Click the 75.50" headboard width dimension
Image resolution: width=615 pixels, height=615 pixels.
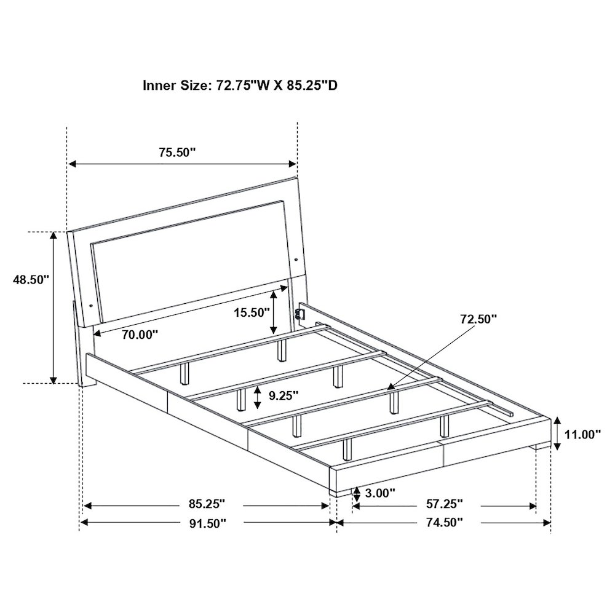click(x=177, y=152)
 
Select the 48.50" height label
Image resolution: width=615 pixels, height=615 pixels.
click(x=31, y=280)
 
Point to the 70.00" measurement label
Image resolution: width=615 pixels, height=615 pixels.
click(x=140, y=335)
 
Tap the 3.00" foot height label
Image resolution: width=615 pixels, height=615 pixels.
click(x=380, y=492)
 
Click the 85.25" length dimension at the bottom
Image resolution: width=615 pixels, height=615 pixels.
click(x=207, y=504)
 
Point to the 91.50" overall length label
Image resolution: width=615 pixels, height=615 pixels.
click(x=208, y=523)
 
